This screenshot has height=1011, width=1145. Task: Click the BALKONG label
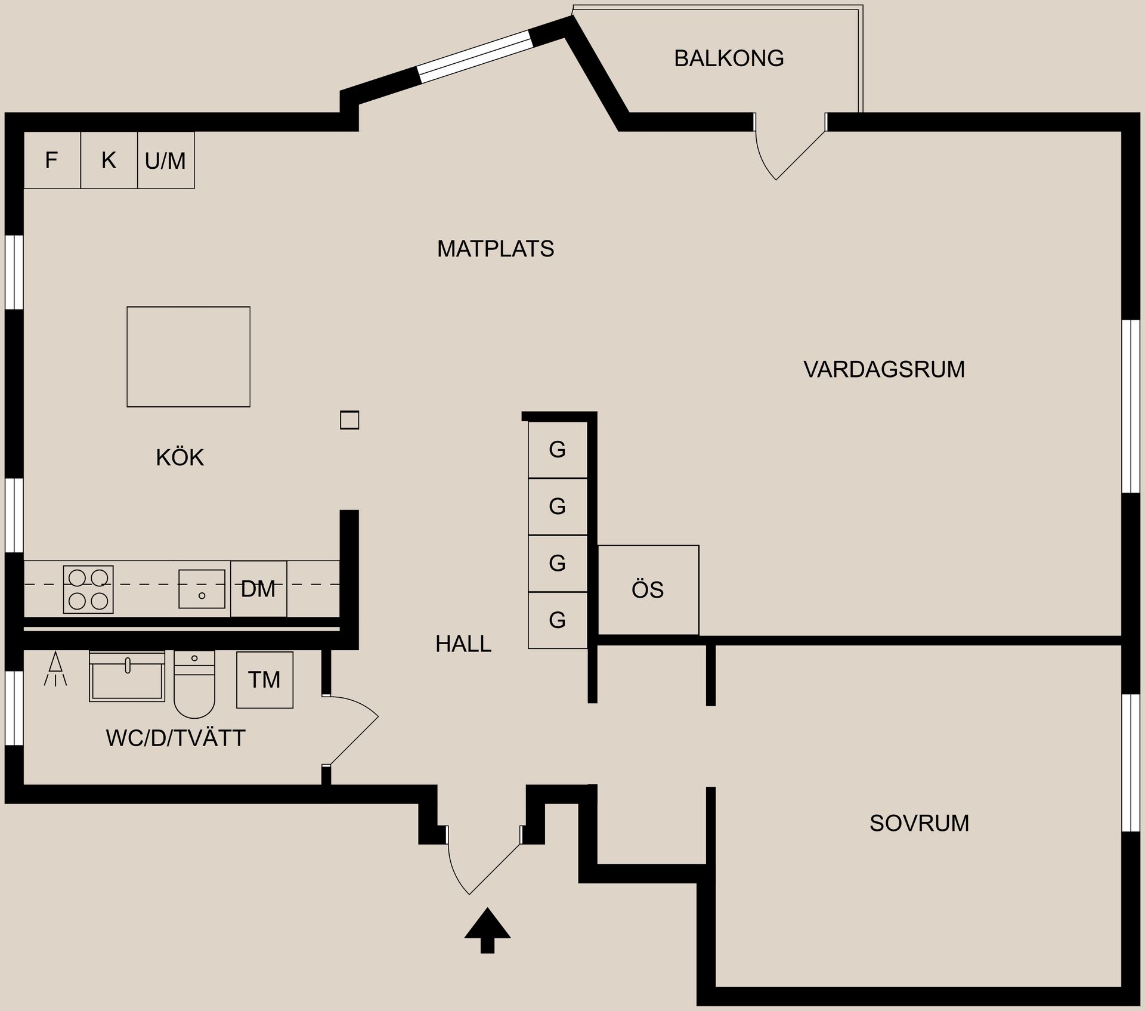729,58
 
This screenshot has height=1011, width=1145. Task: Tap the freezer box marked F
52,160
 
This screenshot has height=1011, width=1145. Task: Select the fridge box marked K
109,160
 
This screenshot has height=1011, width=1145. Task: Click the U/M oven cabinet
166,160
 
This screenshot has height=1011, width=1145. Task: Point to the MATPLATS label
496,249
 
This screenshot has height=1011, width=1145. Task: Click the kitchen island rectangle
188,357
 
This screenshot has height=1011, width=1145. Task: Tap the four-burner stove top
88,589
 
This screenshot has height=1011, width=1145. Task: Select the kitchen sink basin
202,589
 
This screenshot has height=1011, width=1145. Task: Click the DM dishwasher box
259,589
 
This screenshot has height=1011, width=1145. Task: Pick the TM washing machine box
265,679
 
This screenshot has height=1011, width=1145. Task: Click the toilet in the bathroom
194,684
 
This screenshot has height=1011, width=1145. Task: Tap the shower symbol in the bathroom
55,669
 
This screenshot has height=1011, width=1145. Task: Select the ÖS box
648,590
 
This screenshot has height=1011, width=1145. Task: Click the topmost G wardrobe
558,450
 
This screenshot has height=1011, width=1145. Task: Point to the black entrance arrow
487,930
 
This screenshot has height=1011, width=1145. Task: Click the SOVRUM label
919,823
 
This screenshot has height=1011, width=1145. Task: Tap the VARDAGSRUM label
884,369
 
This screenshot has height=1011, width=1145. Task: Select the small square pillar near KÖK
349,421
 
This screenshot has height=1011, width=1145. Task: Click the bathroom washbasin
127,676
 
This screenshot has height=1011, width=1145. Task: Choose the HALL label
463,644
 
